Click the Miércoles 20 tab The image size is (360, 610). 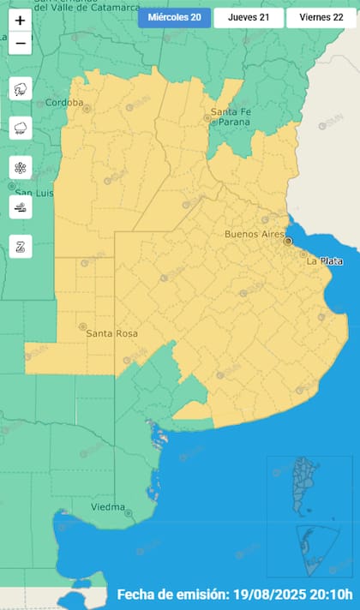pos(174,18)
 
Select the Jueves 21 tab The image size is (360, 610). pos(248,18)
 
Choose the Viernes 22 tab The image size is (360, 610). pos(321,18)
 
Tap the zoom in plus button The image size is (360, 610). pos(21,21)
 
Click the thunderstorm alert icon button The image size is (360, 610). pos(21,89)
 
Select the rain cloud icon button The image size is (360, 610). pos(21,129)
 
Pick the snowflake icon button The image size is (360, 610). pos(21,168)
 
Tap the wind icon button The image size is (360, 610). pos(21,206)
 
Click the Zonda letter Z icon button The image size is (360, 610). pos(21,246)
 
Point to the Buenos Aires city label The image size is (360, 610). pos(253,234)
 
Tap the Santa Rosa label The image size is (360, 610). pos(111,333)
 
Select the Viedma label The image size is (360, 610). pos(109,507)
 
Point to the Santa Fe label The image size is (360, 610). pos(231,112)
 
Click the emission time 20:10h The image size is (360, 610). pos(324,595)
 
